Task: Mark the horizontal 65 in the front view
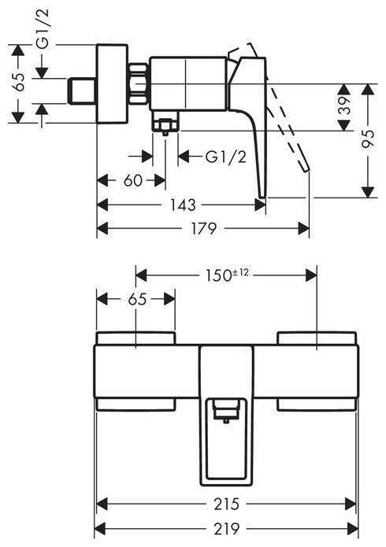(x=136, y=299)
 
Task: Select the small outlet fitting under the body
(x=165, y=125)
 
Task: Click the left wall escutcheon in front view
(x=135, y=339)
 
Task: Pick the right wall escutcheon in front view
(x=317, y=339)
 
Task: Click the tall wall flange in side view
(x=112, y=83)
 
